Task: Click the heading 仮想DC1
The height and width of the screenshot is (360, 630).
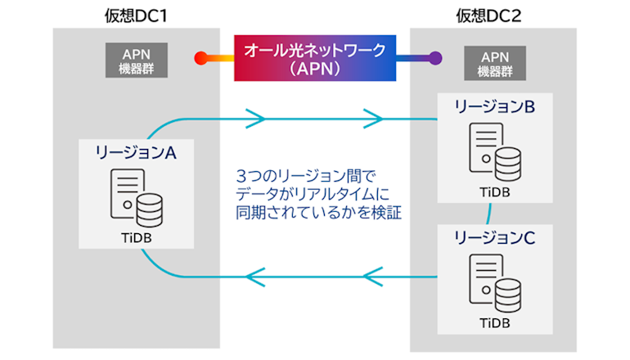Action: pos(137,13)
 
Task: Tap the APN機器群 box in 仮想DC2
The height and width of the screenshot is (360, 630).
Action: pos(493,63)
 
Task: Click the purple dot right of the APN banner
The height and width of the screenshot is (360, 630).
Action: pos(435,59)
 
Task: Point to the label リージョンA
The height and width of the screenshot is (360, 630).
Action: pos(136,152)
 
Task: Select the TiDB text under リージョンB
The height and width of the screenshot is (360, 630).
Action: pos(493,192)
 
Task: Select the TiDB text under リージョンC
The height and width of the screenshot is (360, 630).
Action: pos(493,322)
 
